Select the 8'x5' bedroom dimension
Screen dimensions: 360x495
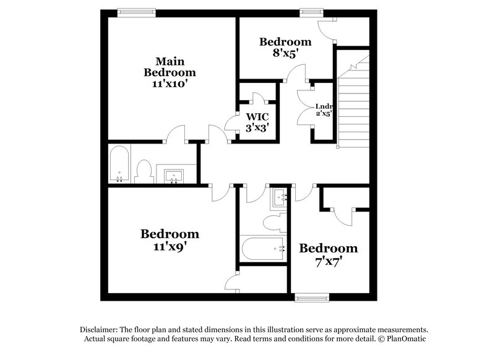tap(285, 53)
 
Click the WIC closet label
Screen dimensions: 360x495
tap(257, 116)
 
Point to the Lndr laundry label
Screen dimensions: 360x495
tap(324, 105)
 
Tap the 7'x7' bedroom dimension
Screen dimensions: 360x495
tap(329, 260)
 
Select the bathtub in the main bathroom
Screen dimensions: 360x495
tap(119, 165)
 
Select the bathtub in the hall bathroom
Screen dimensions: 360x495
tap(263, 249)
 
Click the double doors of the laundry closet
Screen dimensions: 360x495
tap(304, 106)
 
